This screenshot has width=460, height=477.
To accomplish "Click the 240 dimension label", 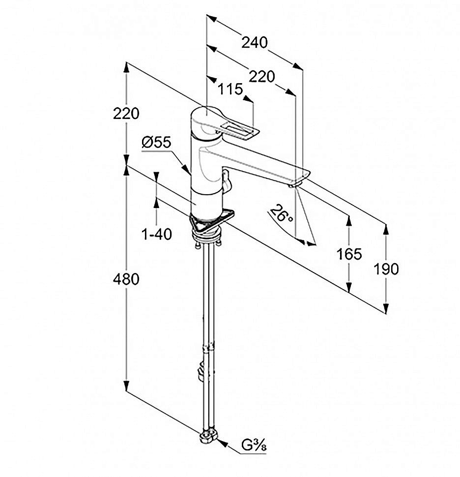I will (x=254, y=43).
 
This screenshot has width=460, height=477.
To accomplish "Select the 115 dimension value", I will (x=230, y=89).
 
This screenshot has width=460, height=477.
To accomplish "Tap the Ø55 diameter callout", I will (x=156, y=143).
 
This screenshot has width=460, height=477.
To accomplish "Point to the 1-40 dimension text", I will (x=157, y=235).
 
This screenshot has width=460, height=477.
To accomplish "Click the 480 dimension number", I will (x=126, y=279).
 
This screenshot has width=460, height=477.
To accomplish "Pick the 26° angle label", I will (x=281, y=216).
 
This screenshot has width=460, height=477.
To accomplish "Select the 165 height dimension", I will (x=349, y=254).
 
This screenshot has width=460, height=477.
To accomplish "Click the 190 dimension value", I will (x=386, y=269).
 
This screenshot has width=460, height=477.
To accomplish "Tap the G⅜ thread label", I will (x=254, y=447).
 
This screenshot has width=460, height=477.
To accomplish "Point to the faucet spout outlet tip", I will (x=293, y=184).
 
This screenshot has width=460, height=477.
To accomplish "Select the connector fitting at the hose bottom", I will (x=209, y=437).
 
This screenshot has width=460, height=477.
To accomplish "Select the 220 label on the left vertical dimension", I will (x=126, y=114).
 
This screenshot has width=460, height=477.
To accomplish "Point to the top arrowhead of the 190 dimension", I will (x=387, y=228).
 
